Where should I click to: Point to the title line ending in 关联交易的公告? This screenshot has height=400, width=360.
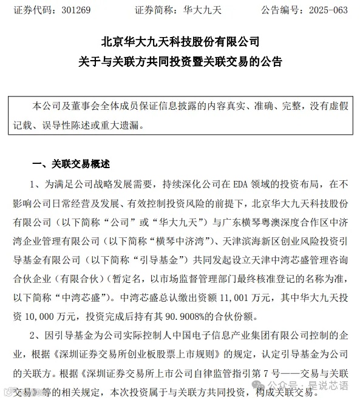180,62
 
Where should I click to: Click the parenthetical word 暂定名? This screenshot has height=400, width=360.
152,282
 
